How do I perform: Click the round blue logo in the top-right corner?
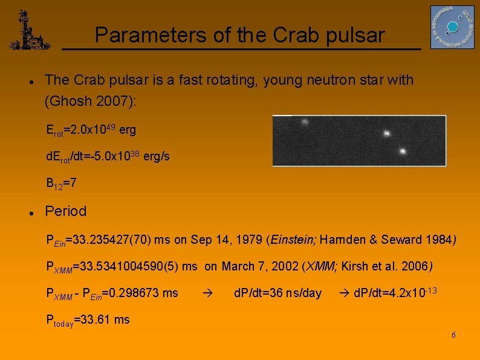pos(452,27)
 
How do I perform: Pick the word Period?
pos(66,211)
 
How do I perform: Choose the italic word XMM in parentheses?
pos(320,266)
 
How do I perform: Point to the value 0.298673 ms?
pos(148,293)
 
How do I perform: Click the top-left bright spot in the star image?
pos(305,121)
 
